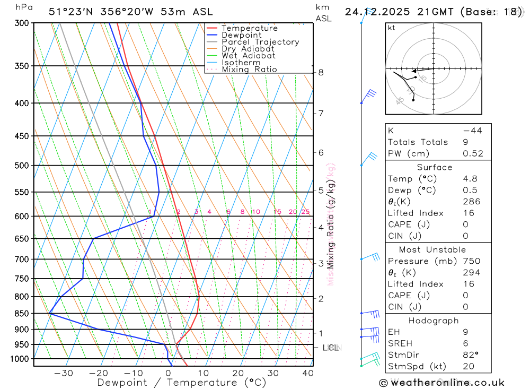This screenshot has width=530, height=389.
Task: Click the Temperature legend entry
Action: pos(249,28)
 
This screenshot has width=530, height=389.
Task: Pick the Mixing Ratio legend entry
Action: pos(249,70)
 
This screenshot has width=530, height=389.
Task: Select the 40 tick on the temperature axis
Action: pos(307,373)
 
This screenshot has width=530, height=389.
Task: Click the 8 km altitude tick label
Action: pos(321,72)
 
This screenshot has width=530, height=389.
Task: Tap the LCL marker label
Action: pos(330,348)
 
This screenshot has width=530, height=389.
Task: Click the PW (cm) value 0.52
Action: pos(473,154)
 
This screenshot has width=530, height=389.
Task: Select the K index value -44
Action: pos(472,131)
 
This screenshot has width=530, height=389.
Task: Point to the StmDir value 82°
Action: pos(471,355)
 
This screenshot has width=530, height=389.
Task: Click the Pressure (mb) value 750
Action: pos(471,261)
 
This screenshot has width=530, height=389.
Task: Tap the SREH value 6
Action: pos(465,343)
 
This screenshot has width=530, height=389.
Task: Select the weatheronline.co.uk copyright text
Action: pos(441,383)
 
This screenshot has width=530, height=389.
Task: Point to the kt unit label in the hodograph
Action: pos(392,28)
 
